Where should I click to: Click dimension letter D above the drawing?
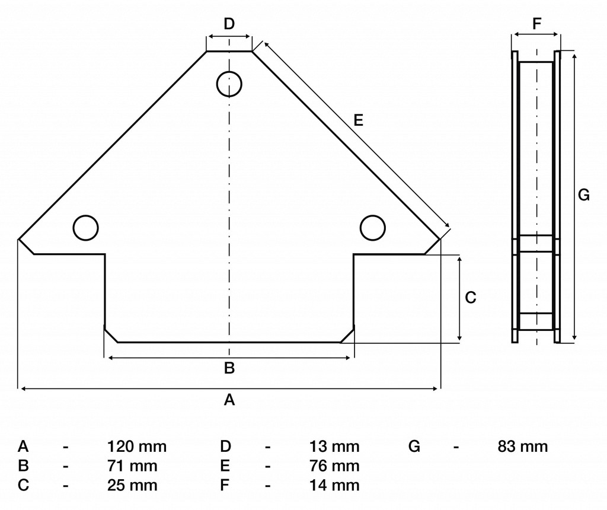pos(229,24)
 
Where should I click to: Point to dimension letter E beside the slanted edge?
pos(359,120)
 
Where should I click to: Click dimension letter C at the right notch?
pos(470,298)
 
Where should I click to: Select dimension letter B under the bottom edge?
pos(229,368)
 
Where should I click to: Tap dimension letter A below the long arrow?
pos(229,399)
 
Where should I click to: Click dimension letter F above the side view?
pos(536,24)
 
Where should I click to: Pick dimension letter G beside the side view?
pos(584,195)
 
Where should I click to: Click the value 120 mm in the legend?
pos(137,447)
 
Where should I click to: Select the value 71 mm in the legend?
pos(132,466)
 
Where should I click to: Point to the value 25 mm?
pos(132,485)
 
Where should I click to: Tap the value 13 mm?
pos(334,447)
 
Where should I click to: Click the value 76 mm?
pos(334,466)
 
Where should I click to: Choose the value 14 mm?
pos(334,485)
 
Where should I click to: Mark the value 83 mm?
pos(523,447)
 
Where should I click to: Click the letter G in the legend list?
pos(414,447)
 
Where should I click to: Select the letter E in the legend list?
pos(225,466)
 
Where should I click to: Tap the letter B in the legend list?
pos(23,466)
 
